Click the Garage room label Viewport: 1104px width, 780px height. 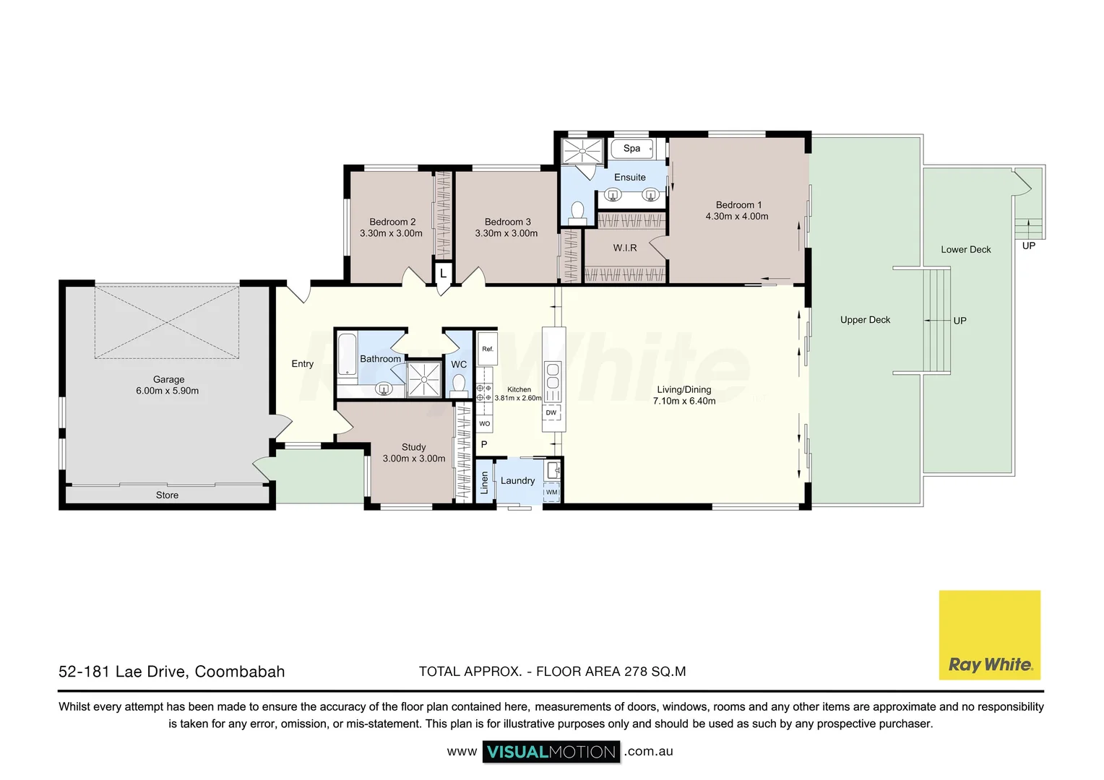point(168,379)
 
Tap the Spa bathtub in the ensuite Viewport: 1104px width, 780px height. point(632,149)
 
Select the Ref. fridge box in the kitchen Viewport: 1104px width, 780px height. point(488,349)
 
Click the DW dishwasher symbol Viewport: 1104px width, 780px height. point(551,413)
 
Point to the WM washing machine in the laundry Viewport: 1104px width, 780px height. point(552,492)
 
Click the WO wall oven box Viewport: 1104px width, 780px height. point(484,424)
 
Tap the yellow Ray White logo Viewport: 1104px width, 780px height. point(989,635)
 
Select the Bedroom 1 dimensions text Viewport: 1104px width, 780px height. point(737,217)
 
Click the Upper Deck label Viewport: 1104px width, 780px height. point(865,320)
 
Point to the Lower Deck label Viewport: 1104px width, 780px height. point(965,249)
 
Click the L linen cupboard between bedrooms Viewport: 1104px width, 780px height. point(443,274)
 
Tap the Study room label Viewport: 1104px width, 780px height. point(413,447)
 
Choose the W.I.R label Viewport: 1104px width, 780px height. point(625,248)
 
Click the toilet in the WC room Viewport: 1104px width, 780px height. point(458,383)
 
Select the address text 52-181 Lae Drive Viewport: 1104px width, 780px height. point(171,672)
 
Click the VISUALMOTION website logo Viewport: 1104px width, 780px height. point(551,752)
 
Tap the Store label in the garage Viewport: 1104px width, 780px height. point(167,495)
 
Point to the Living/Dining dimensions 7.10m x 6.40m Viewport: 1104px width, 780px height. point(683,401)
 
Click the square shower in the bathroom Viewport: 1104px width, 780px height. point(423,379)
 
